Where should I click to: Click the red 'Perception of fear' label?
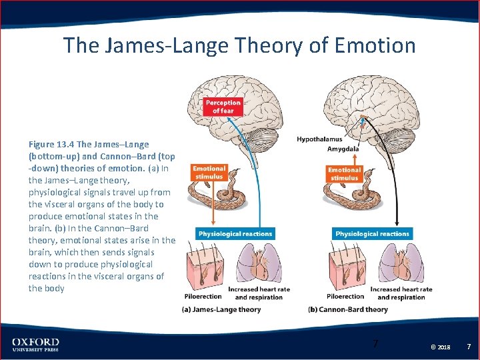coord(223,107)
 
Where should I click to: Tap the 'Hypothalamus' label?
coord(319,139)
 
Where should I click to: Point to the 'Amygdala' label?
coord(343,149)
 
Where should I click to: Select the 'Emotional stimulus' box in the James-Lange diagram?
coord(209,173)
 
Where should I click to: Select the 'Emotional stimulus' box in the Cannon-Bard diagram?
coord(344,174)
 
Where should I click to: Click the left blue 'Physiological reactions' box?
coord(235,234)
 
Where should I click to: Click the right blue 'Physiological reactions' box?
coord(372,234)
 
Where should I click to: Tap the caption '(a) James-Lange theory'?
coord(221,309)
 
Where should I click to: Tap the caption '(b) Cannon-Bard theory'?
coord(348,309)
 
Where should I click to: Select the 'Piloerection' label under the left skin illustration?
coord(203,297)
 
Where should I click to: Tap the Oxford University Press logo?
coord(35,345)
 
